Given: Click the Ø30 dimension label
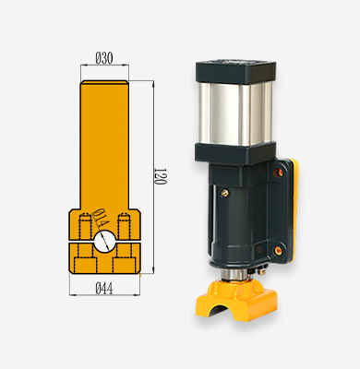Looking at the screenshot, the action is click(104, 58).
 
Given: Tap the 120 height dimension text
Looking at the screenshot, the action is click(160, 176).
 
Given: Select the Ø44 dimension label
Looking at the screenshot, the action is click(104, 289).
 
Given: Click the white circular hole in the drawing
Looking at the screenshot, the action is click(104, 242).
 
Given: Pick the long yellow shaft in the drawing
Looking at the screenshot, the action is click(104, 145).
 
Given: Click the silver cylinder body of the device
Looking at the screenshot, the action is click(235, 113).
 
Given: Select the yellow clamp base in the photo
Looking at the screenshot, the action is click(236, 301).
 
